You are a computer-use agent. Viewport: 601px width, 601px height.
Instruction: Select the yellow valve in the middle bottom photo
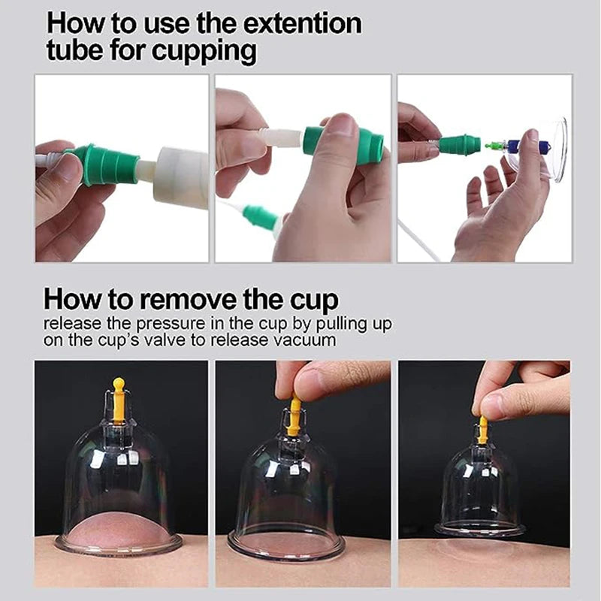click(294, 416)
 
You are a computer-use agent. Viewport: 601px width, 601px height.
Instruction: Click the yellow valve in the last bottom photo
click(482, 429)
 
